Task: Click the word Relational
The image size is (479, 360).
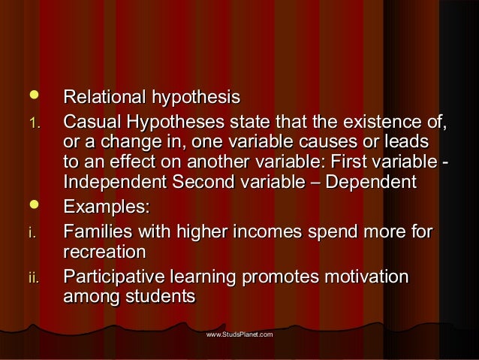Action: click(104, 98)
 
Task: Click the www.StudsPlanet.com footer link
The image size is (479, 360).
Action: click(239, 332)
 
